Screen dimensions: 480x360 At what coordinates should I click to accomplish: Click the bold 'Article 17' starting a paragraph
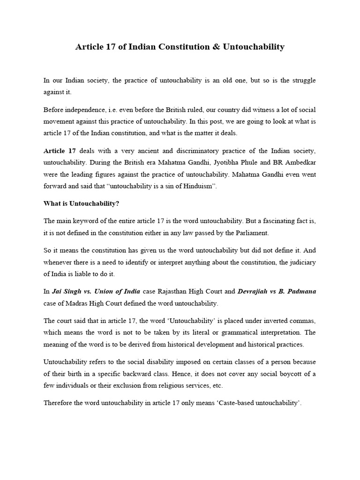(x=60, y=150)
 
